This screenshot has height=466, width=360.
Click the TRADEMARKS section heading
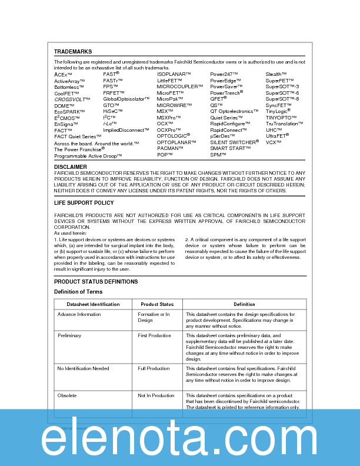pyautogui.click(x=73, y=52)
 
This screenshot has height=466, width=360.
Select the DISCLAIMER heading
pyautogui.click(x=71, y=167)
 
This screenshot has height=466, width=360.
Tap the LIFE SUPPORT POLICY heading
pyautogui.click(x=84, y=203)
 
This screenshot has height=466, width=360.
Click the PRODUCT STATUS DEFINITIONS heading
pyautogui.click(x=96, y=282)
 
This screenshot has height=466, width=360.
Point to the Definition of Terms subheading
pyautogui.click(x=78, y=292)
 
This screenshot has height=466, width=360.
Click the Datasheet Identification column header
pyautogui.click(x=93, y=304)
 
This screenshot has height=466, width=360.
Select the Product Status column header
pyautogui.click(x=157, y=304)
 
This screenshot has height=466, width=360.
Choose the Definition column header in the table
pyautogui.click(x=244, y=304)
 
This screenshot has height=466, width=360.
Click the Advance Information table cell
pyautogui.click(x=79, y=315)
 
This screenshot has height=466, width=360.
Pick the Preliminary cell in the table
pyautogui.click(x=69, y=335)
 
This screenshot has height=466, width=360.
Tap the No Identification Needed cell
pyautogui.click(x=83, y=368)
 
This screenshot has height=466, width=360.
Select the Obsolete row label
pyautogui.click(x=66, y=396)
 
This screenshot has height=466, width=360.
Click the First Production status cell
pyautogui.click(x=154, y=335)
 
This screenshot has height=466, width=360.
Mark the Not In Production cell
pyautogui.click(x=156, y=396)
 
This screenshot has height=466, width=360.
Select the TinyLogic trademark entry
pyautogui.click(x=278, y=111)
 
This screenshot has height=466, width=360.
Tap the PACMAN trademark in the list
pyautogui.click(x=170, y=148)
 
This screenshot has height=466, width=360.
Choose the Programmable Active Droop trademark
pyautogui.click(x=88, y=156)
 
